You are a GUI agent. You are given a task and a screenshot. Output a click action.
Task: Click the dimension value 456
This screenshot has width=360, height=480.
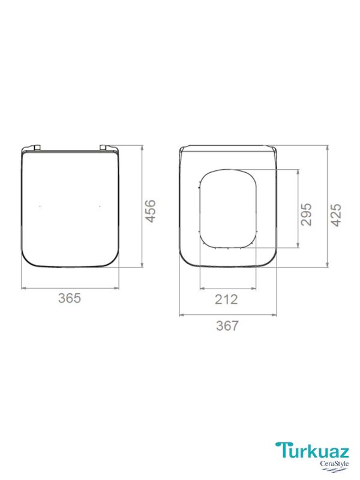pos(151,211)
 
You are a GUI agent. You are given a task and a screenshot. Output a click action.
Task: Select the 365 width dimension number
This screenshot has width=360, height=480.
pos(70,298)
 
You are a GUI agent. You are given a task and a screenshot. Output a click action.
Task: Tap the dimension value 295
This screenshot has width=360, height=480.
pos(307,214)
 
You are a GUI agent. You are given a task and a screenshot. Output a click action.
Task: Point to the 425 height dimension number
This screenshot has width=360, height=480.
pos(336,215)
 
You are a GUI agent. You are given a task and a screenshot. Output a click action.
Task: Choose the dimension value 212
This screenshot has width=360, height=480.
pos(226,299)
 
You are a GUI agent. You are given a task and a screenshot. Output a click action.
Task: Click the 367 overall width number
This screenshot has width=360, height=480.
pos(227,325)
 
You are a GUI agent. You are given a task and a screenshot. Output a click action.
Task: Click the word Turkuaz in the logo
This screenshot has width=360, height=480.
pos(312,451)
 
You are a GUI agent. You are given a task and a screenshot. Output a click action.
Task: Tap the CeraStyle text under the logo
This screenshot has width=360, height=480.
pos(334,463)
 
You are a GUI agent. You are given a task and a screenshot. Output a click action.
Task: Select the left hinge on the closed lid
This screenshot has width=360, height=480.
pos(37,148)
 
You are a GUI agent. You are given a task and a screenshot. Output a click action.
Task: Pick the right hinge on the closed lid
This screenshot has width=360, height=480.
pos(103,148)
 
